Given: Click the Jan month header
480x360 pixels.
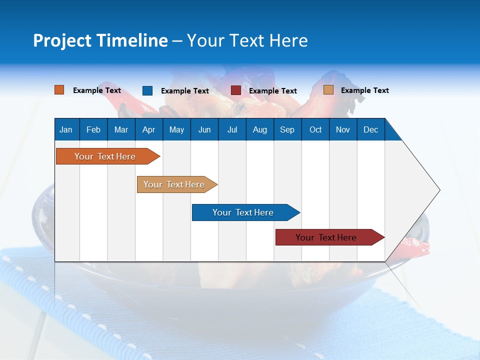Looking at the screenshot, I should pyautogui.click(x=66, y=129).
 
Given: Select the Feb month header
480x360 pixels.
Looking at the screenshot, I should pyautogui.click(x=93, y=129).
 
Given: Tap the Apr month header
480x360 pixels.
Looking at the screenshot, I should pyautogui.click(x=148, y=129).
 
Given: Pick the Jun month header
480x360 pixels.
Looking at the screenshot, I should pyautogui.click(x=204, y=129).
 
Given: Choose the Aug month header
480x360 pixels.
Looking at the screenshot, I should pyautogui.click(x=259, y=129).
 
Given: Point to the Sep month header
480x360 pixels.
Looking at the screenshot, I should pyautogui.click(x=287, y=129).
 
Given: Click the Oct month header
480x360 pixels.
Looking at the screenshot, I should pyautogui.click(x=315, y=129).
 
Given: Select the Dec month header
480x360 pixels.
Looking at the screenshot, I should pyautogui.click(x=370, y=129).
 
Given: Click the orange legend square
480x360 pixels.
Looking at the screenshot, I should pyautogui.click(x=59, y=90).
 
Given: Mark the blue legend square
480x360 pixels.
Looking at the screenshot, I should pyautogui.click(x=147, y=90).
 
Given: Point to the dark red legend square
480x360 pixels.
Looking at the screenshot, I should pyautogui.click(x=236, y=90).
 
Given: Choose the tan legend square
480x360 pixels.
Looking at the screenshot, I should pyautogui.click(x=328, y=90).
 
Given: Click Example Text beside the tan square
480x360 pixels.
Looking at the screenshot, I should pyautogui.click(x=364, y=90).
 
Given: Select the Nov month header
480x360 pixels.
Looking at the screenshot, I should pyautogui.click(x=343, y=129).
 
